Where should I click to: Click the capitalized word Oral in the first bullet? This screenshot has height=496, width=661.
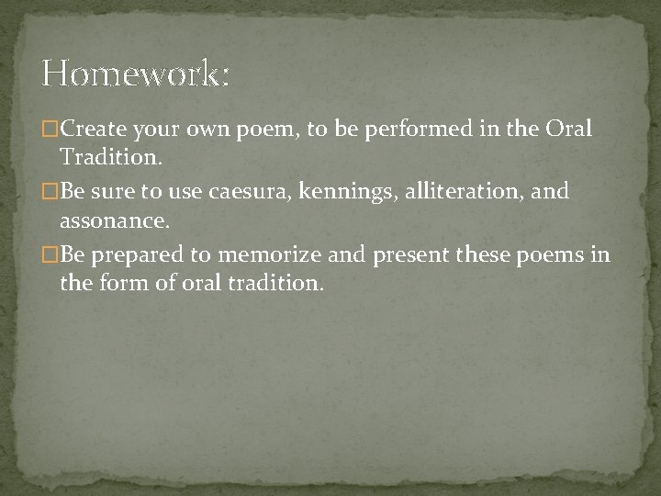click(570, 130)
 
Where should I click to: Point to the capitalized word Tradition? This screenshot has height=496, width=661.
click(111, 158)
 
